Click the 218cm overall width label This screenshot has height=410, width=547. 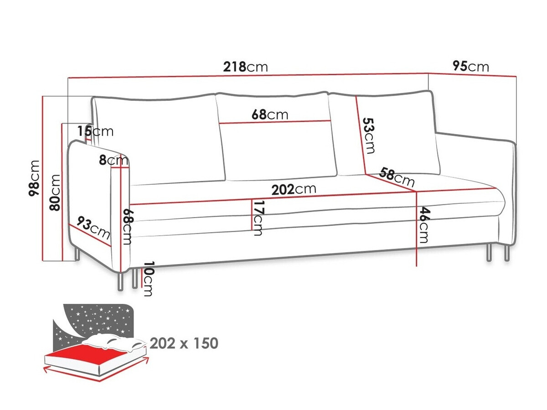tap(245, 67)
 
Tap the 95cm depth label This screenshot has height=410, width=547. tap(470, 67)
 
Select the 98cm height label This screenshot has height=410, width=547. tap(34, 178)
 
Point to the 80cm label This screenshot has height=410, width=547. tap(55, 192)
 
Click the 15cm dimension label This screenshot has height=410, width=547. tap(95, 131)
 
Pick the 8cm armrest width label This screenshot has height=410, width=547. tap(114, 161)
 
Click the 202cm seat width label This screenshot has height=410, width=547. tap(294, 189)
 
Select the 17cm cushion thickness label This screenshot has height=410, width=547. tap(258, 218)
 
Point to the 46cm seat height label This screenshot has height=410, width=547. tap(424, 225)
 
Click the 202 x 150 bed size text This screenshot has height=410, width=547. tap(184, 343)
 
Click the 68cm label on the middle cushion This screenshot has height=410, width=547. tap(270, 114)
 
